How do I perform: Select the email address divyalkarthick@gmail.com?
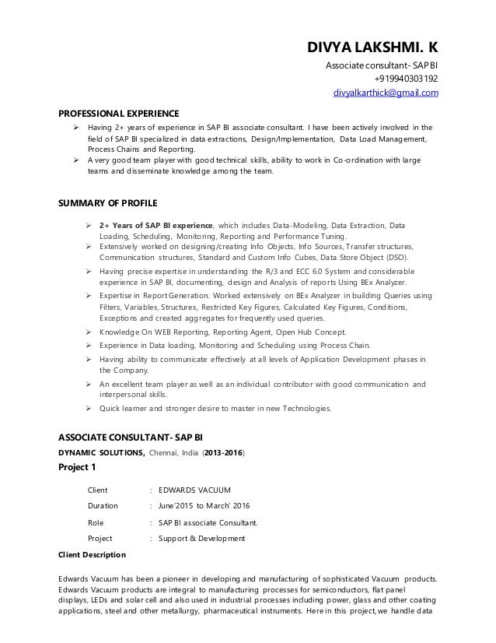[x=386, y=93]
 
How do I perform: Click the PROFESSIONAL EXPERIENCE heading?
[x=119, y=111]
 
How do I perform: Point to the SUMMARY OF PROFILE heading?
[x=109, y=203]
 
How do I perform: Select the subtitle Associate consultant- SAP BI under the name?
[x=382, y=63]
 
